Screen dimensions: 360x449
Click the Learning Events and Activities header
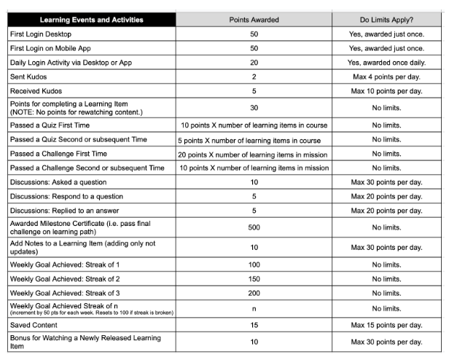(92, 20)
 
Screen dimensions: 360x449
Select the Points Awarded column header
(254, 20)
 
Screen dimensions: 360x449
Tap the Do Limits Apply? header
(386, 20)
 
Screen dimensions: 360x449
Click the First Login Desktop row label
(41, 34)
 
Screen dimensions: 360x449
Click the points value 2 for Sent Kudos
(254, 77)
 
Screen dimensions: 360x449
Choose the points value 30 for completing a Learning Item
(254, 108)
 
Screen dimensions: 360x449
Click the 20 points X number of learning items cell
(254, 154)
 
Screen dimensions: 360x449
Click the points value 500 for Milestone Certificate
(254, 227)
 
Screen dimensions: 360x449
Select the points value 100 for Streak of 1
(254, 265)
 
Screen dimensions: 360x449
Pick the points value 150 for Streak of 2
(254, 278)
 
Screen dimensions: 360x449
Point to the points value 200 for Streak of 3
(254, 292)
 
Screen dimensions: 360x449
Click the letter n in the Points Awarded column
(254, 309)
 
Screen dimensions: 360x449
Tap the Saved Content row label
(35, 325)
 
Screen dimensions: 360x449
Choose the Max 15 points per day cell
(386, 325)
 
